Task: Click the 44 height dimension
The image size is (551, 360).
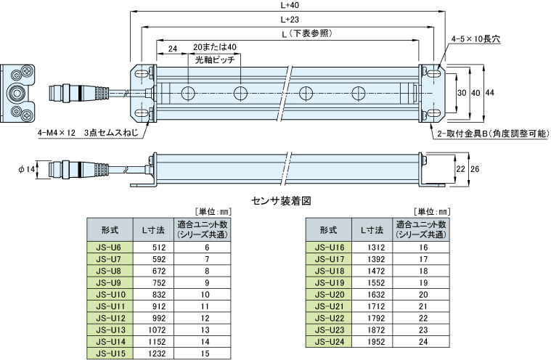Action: [x=490, y=93]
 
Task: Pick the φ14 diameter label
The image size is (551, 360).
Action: [x=26, y=169]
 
